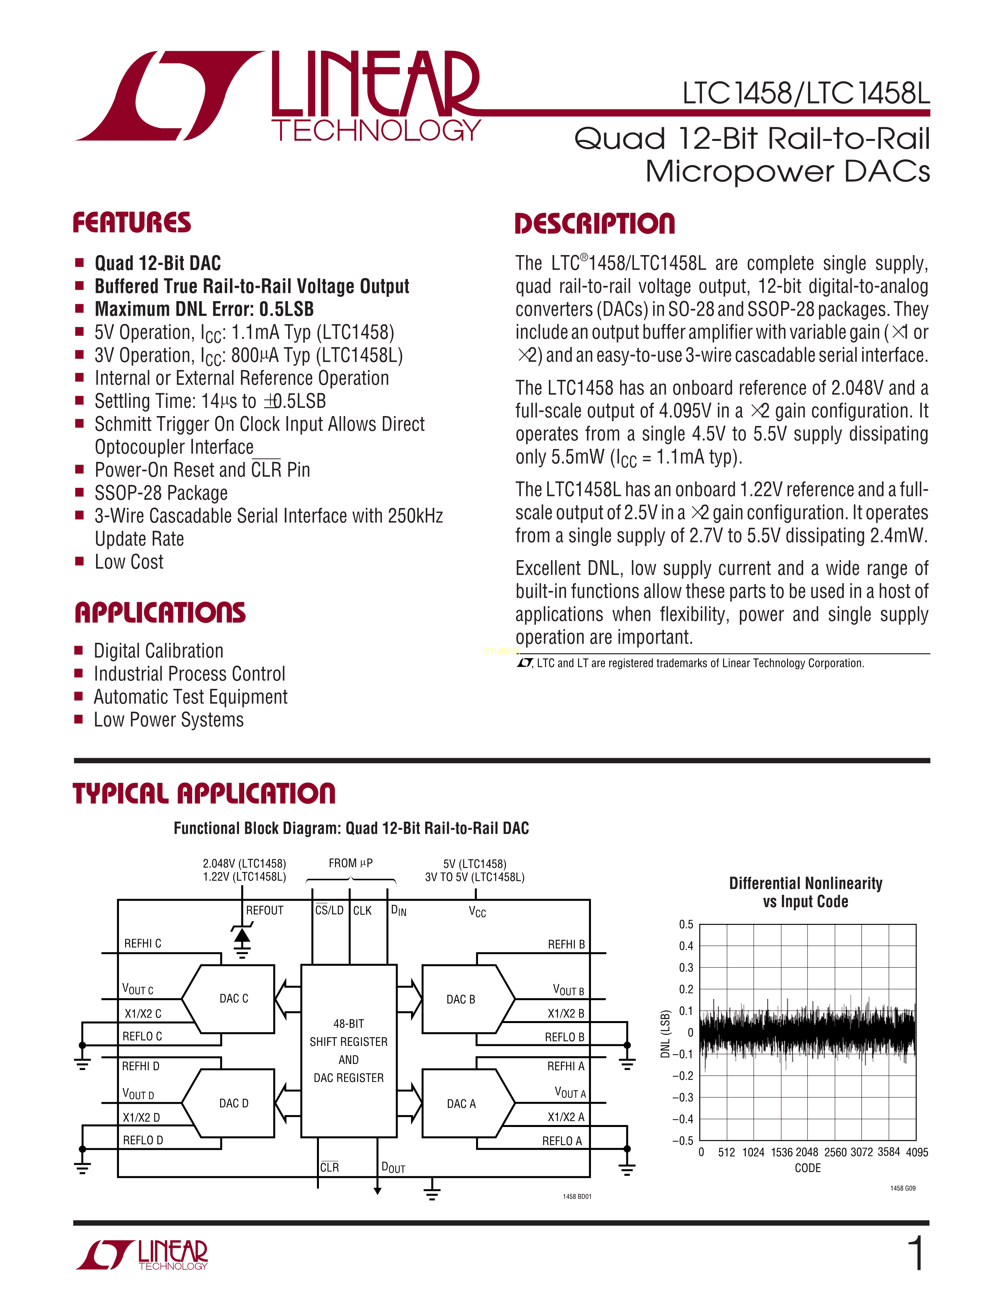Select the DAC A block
click(x=461, y=1104)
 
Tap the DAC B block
click(x=461, y=999)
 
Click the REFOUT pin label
click(x=265, y=910)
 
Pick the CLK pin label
click(x=362, y=910)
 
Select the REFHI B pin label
click(x=566, y=944)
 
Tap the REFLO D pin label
click(x=143, y=1140)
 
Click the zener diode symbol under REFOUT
click(x=241, y=937)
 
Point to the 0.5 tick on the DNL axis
click(x=686, y=924)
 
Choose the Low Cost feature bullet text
click(x=129, y=562)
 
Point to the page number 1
click(x=917, y=1253)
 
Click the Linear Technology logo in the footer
click(x=142, y=1255)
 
